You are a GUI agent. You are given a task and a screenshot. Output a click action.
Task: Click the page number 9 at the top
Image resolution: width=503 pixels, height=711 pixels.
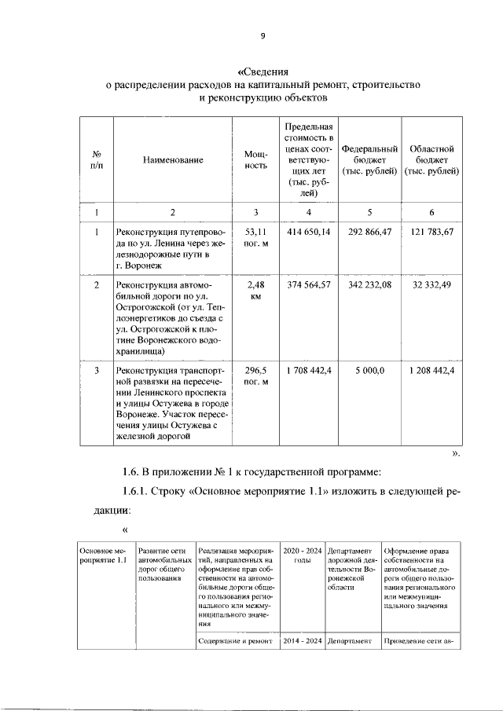point(264,35)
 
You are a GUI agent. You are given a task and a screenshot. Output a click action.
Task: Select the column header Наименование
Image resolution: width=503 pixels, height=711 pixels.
point(173,159)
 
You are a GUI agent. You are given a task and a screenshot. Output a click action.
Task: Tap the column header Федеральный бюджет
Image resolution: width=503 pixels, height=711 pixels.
point(369,159)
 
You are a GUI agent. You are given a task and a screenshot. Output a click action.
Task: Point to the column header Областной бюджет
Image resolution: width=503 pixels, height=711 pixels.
point(431,159)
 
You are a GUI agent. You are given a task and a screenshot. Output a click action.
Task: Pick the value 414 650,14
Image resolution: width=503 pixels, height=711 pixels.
point(309,233)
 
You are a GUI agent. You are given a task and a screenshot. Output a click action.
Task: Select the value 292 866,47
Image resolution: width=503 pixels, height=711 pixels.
point(369,233)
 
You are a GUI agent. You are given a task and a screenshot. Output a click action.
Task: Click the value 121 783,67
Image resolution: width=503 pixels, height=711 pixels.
point(431,233)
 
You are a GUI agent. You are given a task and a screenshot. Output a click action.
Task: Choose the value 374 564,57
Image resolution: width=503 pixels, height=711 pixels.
point(309,284)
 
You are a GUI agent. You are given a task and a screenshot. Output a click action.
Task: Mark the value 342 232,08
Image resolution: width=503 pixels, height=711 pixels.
point(369,284)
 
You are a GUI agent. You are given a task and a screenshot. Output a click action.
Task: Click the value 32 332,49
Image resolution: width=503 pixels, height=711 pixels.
point(431,284)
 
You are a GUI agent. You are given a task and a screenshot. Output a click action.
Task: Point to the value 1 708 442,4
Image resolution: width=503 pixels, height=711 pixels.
point(309,370)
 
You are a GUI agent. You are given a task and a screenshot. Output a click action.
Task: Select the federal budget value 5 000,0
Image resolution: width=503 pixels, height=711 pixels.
point(369,370)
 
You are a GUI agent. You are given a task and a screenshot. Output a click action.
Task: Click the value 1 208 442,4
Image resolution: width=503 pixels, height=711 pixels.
point(431,370)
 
